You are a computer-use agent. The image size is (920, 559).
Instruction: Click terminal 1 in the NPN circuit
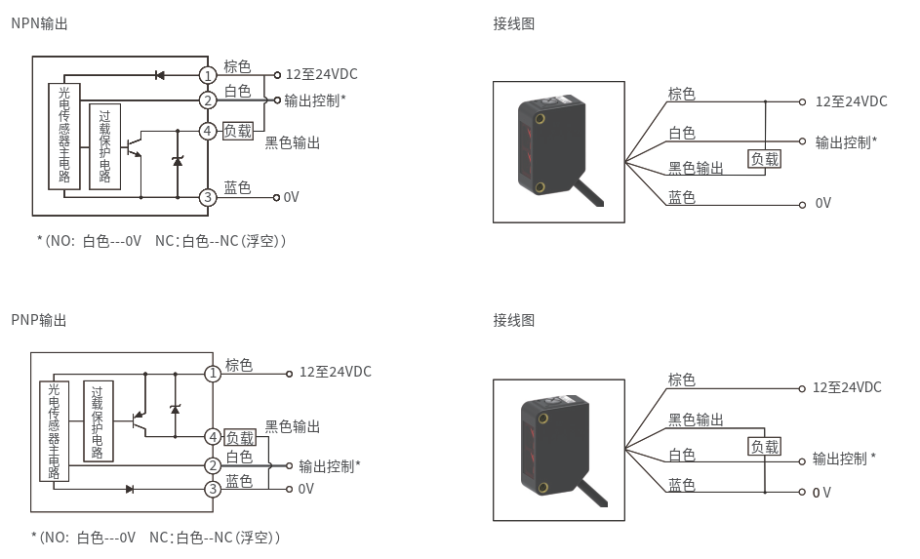click(x=207, y=76)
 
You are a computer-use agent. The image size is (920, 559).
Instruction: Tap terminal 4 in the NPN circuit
click(x=207, y=131)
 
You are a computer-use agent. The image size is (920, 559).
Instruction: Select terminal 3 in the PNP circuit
click(x=213, y=489)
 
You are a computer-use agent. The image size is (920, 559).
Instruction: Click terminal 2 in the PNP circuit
click(x=213, y=465)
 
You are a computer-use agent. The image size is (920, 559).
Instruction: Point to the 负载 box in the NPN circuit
click(x=238, y=131)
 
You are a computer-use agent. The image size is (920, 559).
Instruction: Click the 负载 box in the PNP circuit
click(x=240, y=438)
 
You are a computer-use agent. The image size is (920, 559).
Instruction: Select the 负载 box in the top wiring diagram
click(x=765, y=159)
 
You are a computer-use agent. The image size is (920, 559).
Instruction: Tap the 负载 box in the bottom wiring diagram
click(x=765, y=447)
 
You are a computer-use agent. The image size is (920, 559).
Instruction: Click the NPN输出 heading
click(x=39, y=23)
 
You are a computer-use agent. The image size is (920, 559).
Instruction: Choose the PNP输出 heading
click(x=39, y=320)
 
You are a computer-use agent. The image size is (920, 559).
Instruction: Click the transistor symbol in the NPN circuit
click(x=134, y=146)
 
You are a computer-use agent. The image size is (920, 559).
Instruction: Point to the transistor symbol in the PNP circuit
click(x=139, y=421)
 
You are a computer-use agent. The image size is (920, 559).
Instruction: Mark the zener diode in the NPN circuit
click(x=178, y=160)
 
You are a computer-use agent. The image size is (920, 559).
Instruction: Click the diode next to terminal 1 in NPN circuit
click(x=159, y=75)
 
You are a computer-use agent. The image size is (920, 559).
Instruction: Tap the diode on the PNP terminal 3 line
click(x=130, y=489)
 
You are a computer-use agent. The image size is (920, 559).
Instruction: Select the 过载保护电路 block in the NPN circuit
click(x=105, y=146)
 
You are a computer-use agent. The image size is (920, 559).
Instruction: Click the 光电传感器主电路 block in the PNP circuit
click(x=54, y=431)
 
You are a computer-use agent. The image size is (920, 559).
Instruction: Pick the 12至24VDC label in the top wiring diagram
click(x=852, y=101)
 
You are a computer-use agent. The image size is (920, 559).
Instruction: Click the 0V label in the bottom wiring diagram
click(x=821, y=493)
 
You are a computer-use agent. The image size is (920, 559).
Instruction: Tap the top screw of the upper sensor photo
click(x=540, y=118)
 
